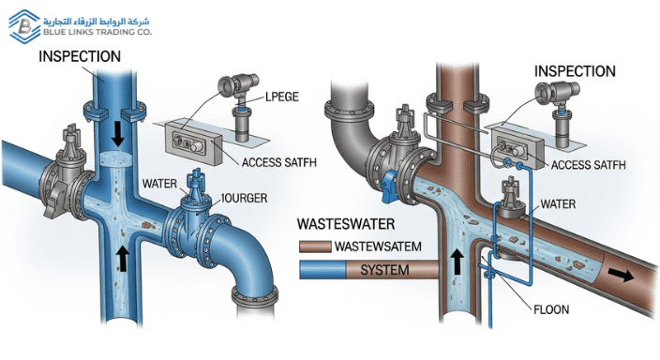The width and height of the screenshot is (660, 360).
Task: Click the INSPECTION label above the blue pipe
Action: [79, 56]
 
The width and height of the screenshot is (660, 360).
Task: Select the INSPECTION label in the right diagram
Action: [575, 71]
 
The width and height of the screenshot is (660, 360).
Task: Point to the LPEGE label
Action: [288, 97]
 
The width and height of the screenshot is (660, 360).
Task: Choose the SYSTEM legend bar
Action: [366, 270]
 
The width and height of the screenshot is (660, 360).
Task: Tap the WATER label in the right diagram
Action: [560, 203]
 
